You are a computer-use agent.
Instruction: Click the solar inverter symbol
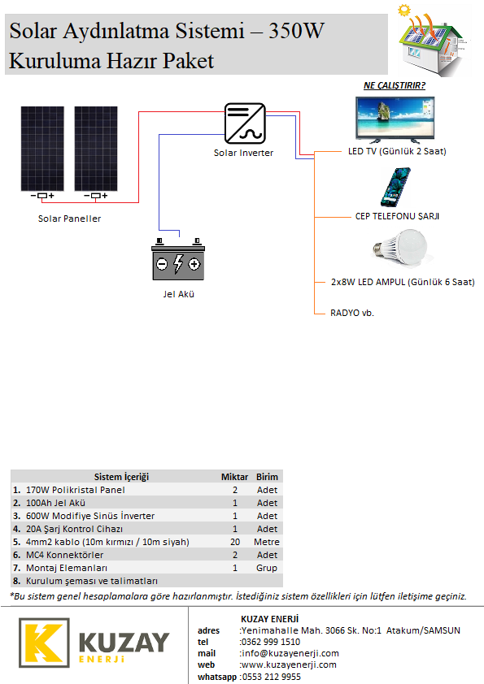[x=245, y=123]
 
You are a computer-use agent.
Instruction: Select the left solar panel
[x=42, y=149]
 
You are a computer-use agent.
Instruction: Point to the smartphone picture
[x=395, y=187]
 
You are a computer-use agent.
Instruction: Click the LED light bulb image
[x=400, y=247]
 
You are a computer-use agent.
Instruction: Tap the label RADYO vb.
[x=352, y=313]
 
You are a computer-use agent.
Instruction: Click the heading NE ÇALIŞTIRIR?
[x=395, y=85]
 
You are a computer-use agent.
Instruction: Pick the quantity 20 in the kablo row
[x=235, y=542]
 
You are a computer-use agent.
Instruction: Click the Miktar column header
[x=234, y=477]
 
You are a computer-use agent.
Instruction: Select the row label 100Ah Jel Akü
[x=55, y=503]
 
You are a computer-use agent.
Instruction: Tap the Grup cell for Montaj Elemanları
[x=267, y=568]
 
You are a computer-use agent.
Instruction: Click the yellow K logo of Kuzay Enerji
[x=44, y=643]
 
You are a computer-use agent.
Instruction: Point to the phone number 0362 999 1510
[x=271, y=642]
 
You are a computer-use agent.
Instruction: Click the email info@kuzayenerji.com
[x=290, y=653]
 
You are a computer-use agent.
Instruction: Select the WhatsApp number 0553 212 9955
[x=272, y=677]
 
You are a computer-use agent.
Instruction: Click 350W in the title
[x=297, y=31]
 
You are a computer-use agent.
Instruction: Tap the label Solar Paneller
[x=69, y=219]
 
